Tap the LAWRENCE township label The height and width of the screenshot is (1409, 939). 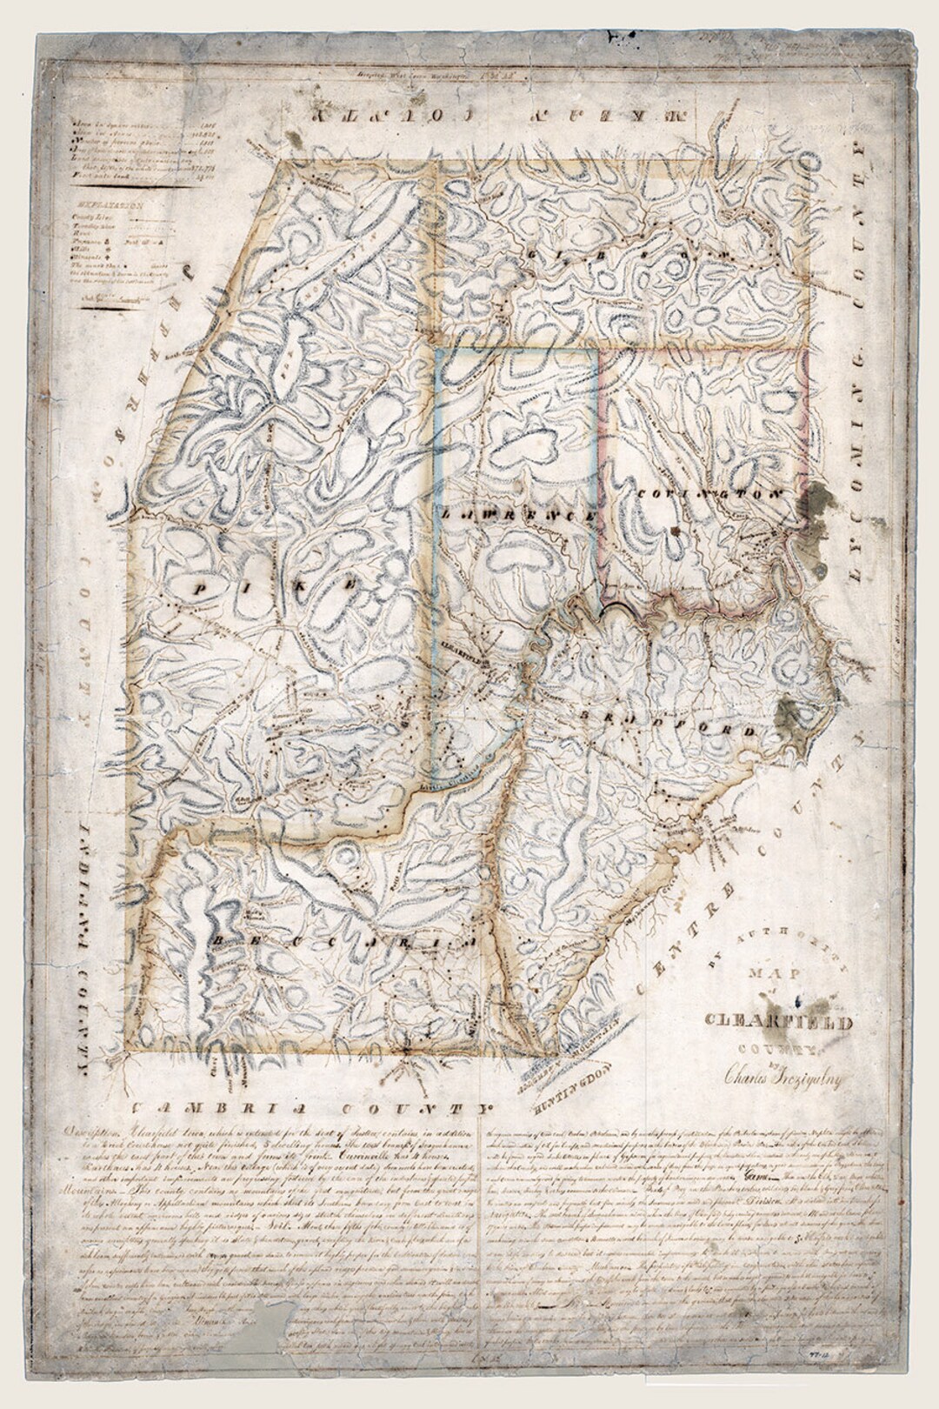tap(518, 515)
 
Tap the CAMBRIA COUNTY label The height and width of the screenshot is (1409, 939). tap(309, 1108)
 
